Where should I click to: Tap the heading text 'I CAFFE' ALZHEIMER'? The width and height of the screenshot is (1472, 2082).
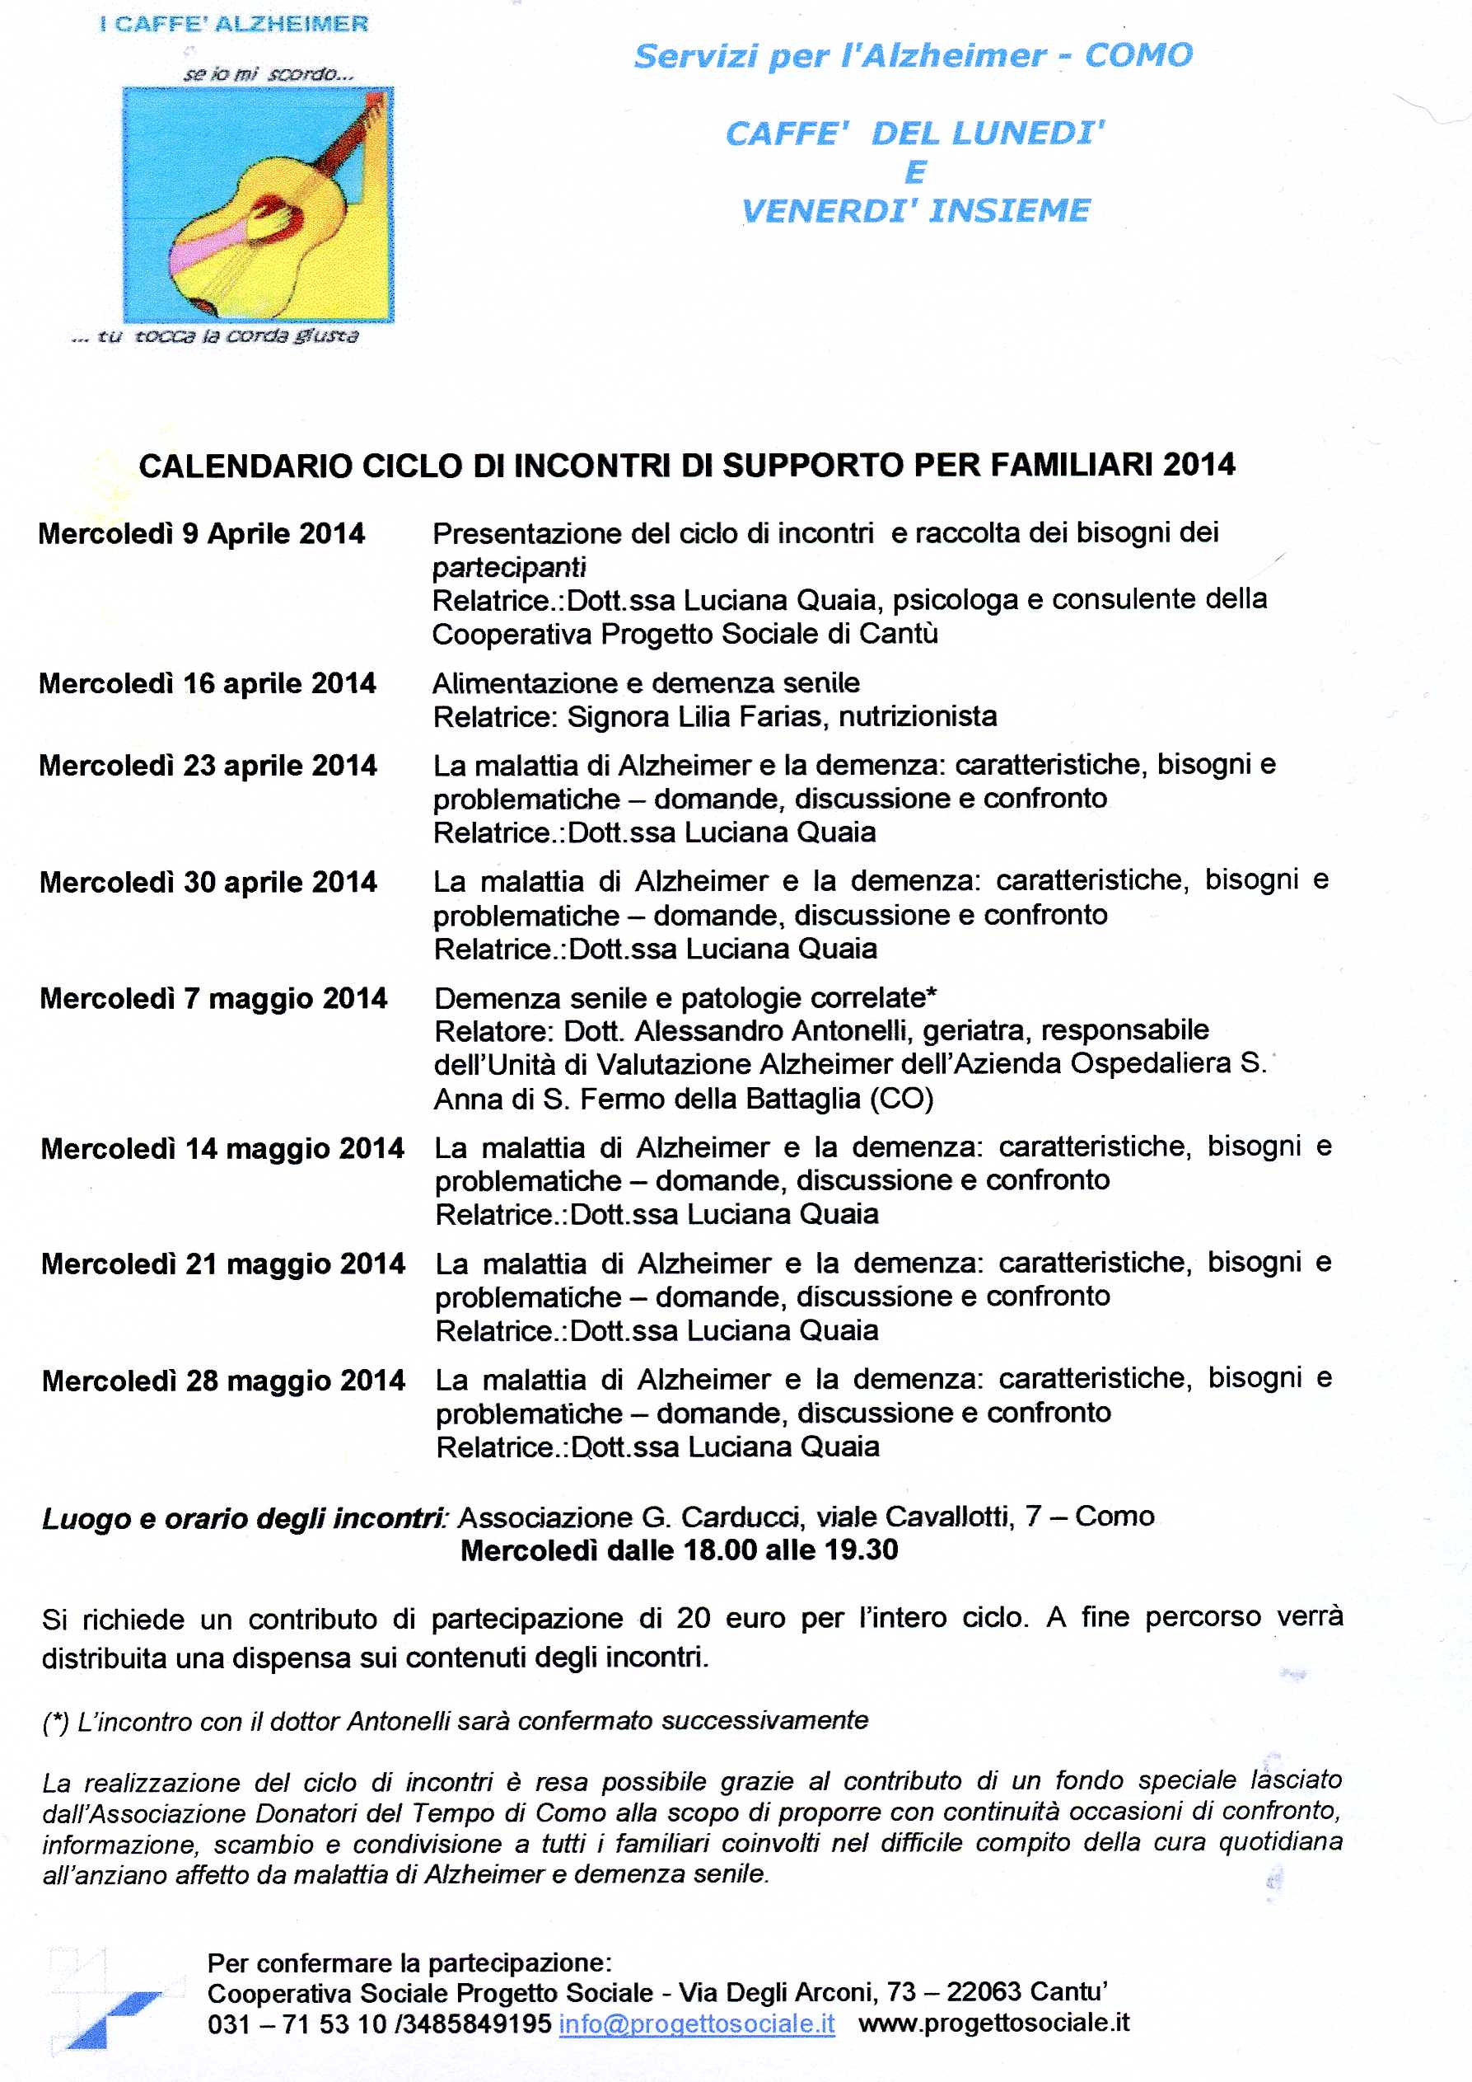pyautogui.click(x=234, y=25)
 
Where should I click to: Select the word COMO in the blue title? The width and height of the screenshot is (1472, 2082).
pyautogui.click(x=1138, y=56)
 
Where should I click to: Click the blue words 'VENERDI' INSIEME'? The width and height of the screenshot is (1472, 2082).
pyautogui.click(x=915, y=211)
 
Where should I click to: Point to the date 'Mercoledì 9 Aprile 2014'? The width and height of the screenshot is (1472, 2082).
pyautogui.click(x=201, y=534)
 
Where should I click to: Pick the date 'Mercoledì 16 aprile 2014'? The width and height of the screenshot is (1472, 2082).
pyautogui.click(x=207, y=684)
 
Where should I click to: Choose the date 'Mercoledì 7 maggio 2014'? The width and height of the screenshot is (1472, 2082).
pyautogui.click(x=213, y=998)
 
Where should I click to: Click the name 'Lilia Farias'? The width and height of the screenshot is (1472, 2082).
pyautogui.click(x=748, y=717)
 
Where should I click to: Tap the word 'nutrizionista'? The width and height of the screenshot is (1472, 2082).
pyautogui.click(x=918, y=717)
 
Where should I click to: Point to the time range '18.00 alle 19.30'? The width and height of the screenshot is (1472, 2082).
pyautogui.click(x=791, y=1550)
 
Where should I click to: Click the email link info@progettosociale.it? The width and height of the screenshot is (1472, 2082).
pyautogui.click(x=696, y=2024)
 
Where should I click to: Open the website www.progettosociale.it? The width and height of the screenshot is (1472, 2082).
pyautogui.click(x=993, y=2023)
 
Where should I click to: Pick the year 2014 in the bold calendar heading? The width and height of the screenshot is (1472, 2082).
pyautogui.click(x=1199, y=465)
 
